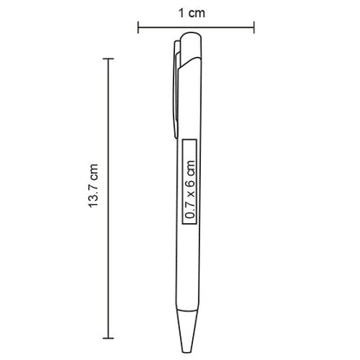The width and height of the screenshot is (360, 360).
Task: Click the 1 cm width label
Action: (192, 13)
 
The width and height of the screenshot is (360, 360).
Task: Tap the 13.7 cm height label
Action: (93, 185)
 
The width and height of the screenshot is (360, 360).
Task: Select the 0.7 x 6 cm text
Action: (190, 190)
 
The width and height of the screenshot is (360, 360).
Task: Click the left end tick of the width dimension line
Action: (138, 28)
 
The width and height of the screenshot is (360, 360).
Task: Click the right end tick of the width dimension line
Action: (254, 28)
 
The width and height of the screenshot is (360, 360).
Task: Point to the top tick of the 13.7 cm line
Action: (108, 59)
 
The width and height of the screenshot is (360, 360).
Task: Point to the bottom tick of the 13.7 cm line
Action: (108, 338)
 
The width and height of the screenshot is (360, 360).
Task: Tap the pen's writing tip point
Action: (187, 352)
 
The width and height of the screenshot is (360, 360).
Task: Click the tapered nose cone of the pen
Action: (187, 331)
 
